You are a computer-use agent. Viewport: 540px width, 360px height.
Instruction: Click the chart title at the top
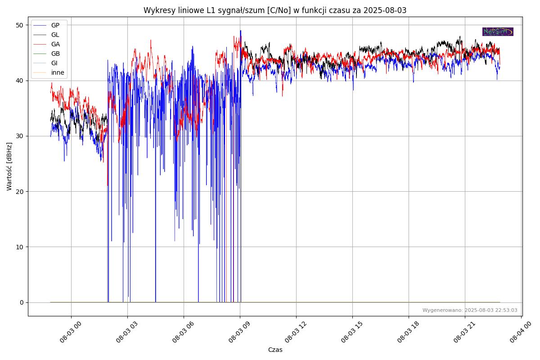coord(275,10)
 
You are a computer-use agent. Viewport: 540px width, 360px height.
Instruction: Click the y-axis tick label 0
coord(21,302)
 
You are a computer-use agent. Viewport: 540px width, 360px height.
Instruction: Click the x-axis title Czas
coord(275,350)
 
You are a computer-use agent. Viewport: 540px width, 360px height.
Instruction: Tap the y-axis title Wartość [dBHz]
coord(9,166)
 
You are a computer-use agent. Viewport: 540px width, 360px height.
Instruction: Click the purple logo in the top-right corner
coord(498,31)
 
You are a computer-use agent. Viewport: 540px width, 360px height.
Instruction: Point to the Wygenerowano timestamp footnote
coord(470,310)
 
